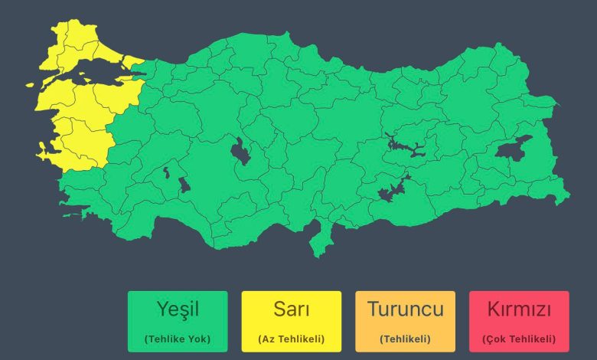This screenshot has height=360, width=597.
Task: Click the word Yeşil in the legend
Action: click(178, 310)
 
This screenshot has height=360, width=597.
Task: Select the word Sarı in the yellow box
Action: click(291, 310)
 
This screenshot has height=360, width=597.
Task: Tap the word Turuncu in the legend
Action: click(405, 310)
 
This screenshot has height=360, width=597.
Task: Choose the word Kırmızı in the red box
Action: click(519, 310)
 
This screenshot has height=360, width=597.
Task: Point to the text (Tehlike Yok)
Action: click(178, 339)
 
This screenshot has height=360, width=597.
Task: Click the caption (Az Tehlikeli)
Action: click(291, 339)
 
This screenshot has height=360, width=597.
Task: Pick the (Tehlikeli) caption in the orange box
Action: click(405, 339)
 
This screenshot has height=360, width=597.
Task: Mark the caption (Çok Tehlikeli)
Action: click(519, 339)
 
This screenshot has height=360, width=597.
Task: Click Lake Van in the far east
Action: click(514, 147)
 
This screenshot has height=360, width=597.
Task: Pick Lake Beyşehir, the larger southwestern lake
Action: click(184, 185)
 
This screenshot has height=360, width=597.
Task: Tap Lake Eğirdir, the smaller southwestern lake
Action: click(165, 173)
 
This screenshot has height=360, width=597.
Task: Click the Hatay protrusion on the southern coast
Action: click(319, 237)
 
